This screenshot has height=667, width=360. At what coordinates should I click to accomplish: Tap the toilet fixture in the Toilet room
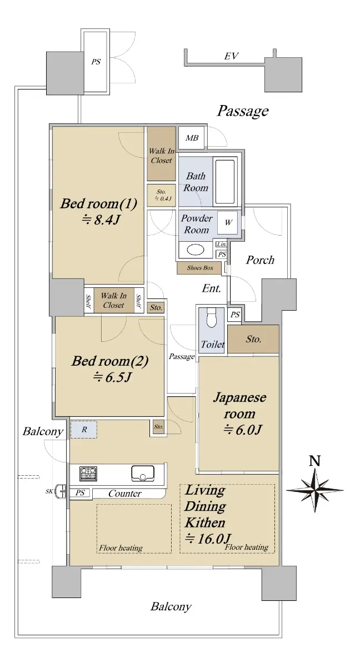point(211,317)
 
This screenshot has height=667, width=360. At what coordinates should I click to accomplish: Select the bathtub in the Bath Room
point(225,182)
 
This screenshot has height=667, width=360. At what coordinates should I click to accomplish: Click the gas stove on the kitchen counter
point(88,474)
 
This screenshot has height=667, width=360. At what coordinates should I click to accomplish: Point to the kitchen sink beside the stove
point(143,473)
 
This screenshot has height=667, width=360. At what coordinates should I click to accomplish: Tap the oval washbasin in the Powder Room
point(195,250)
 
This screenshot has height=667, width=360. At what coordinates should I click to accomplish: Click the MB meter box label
point(192,138)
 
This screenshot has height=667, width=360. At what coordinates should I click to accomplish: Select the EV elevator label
point(231,56)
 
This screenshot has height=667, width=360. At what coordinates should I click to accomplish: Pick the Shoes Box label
point(200,268)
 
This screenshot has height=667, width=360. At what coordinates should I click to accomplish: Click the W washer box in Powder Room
point(228,222)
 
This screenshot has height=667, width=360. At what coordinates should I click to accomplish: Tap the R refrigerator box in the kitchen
point(83,429)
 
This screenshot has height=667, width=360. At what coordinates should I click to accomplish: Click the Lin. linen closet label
point(222,245)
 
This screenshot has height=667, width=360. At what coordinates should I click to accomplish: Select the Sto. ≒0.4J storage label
point(162,195)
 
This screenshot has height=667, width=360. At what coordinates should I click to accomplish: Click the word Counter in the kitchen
point(124,494)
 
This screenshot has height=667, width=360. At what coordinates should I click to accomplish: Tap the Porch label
point(260,260)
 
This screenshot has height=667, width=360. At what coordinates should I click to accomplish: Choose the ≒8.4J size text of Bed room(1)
point(101,220)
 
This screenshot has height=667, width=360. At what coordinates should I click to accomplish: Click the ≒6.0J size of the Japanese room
point(242,430)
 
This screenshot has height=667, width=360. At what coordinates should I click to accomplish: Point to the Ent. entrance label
point(212,288)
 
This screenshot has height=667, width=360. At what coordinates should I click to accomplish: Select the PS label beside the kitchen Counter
point(80,493)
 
